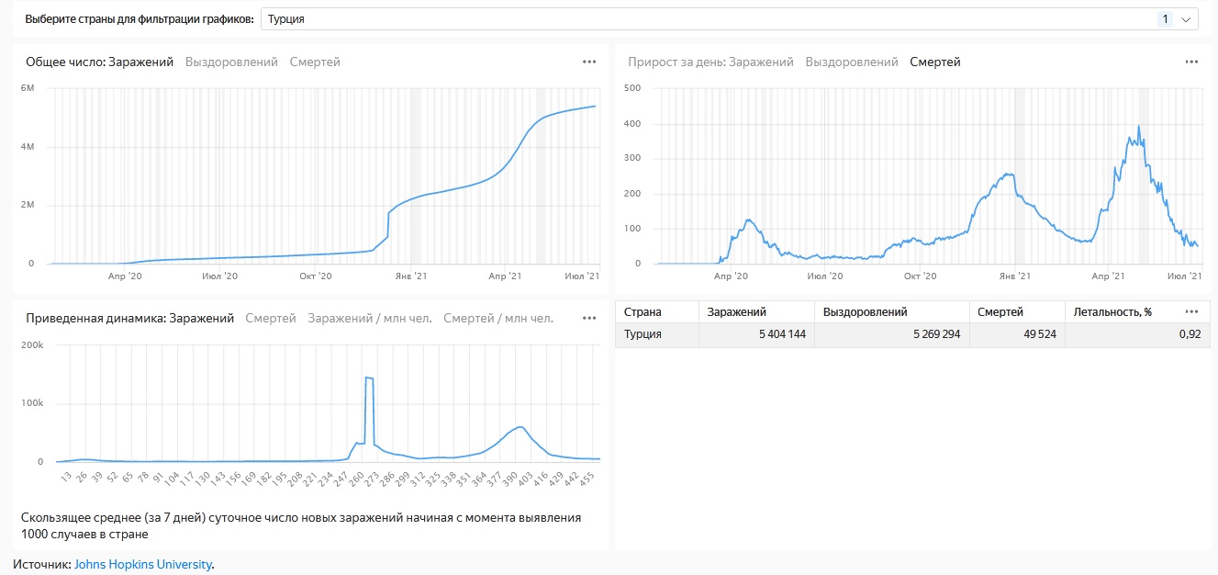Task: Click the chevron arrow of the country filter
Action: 1186,19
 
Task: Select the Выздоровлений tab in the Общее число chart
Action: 231,62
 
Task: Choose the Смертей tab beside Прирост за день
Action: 934,62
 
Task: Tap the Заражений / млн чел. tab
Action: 369,319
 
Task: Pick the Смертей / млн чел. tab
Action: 497,319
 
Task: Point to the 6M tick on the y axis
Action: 28,88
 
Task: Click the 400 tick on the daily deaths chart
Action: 632,123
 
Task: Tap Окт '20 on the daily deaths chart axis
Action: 920,276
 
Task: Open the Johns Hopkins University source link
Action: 142,565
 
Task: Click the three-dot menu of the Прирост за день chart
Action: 1191,62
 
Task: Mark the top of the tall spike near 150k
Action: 369,378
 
